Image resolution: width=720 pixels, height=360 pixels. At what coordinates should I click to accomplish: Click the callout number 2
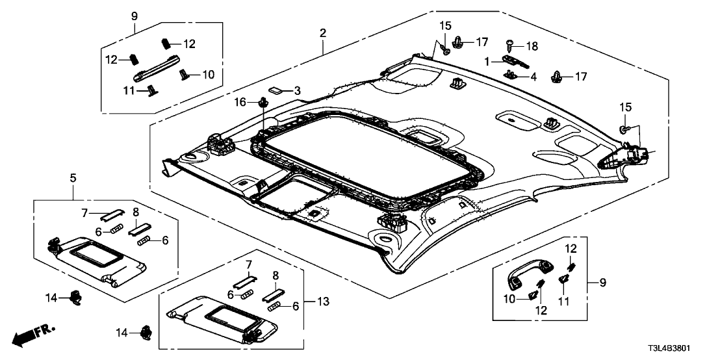tap(322, 32)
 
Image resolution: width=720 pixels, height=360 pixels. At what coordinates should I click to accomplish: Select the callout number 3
tap(297, 90)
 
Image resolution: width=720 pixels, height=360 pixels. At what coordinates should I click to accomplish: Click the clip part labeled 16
tap(264, 101)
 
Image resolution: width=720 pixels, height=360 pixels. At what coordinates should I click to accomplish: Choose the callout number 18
tap(532, 47)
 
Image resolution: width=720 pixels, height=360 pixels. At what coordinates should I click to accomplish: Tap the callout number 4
tap(533, 77)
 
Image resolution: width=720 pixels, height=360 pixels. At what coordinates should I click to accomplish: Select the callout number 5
tap(73, 177)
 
